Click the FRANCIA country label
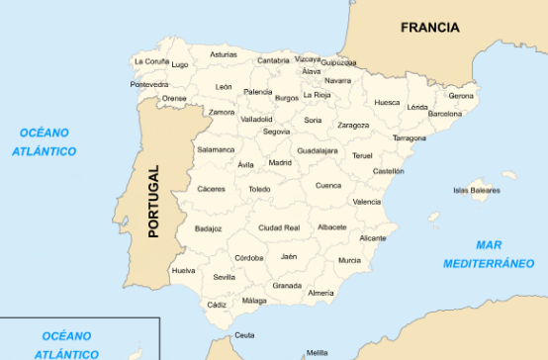click(430, 28)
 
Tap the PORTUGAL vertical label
click(152, 202)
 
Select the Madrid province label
click(280, 162)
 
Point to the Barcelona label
click(444, 114)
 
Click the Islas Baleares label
click(476, 190)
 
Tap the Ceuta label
click(244, 335)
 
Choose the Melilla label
click(317, 352)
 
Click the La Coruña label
click(151, 61)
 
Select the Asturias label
click(224, 54)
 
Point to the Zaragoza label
click(353, 126)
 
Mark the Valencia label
click(366, 201)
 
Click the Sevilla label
click(224, 278)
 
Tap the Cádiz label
click(217, 305)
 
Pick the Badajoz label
click(209, 228)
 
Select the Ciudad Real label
click(279, 227)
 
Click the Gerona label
click(461, 96)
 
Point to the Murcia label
click(349, 260)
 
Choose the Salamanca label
click(216, 149)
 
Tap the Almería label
click(320, 293)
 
